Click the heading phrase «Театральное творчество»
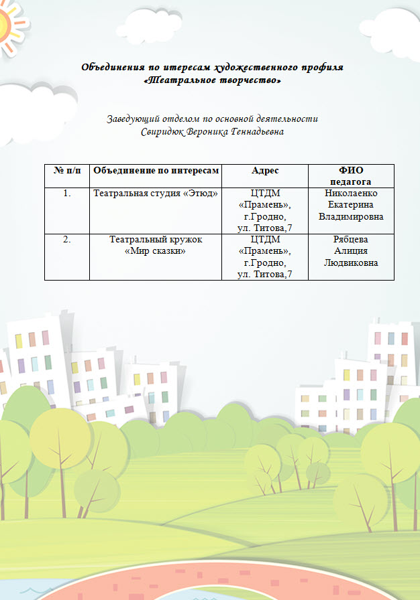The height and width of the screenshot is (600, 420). pos(212,80)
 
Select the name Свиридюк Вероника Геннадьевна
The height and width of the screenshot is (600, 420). pos(212,132)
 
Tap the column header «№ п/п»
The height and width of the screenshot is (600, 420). pos(66,171)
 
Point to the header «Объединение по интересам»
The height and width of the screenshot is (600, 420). pos(156,171)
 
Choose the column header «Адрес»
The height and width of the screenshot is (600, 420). pos(265,171)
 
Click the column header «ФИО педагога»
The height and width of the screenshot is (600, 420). pos(351,176)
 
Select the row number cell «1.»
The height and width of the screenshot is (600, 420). pos(66,194)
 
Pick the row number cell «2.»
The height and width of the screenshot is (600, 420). pos(66,239)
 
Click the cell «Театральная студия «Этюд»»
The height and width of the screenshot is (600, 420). pos(156,194)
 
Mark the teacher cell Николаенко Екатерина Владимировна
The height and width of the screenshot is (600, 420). pos(351,205)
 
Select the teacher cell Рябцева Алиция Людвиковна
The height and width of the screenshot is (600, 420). pos(351,250)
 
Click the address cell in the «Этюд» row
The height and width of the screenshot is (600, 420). pos(265,210)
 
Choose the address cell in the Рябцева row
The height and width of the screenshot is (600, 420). pos(265,256)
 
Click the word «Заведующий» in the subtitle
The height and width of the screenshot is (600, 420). pos(131,119)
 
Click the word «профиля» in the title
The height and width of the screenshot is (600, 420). pos(324,68)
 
